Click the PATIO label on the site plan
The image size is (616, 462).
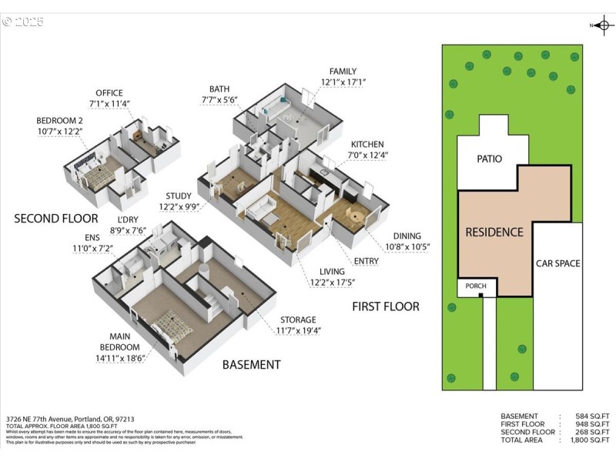tap(489, 159)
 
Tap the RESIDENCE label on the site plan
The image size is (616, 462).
tap(494, 232)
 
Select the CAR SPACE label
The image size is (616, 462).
tap(557, 263)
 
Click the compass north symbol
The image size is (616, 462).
tap(603, 25)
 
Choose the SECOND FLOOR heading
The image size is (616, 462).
tap(56, 219)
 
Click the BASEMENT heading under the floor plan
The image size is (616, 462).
tap(251, 364)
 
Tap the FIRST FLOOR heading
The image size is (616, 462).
tap(386, 306)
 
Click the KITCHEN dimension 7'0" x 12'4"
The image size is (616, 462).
tap(367, 155)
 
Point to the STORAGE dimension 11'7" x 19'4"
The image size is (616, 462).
tap(298, 330)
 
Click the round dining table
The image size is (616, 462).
tap(356, 216)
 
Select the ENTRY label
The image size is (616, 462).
tap(367, 261)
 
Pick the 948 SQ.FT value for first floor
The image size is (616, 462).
tap(593, 423)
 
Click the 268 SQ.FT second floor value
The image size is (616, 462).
tap(593, 432)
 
